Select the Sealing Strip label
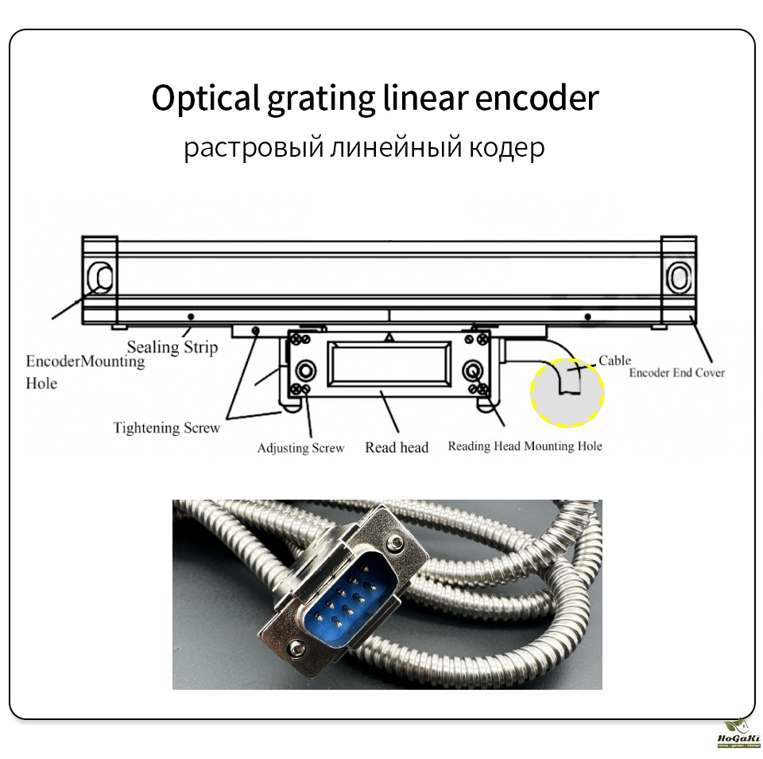(x=172, y=347)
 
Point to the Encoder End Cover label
(x=676, y=372)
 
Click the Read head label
(x=397, y=447)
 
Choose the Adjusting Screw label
(x=300, y=448)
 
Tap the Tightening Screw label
(x=166, y=428)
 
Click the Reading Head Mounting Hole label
(x=525, y=446)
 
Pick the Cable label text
(x=614, y=360)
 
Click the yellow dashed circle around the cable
(x=567, y=391)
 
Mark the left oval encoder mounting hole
(x=103, y=277)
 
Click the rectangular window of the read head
(x=389, y=362)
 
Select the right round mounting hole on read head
(x=472, y=370)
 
